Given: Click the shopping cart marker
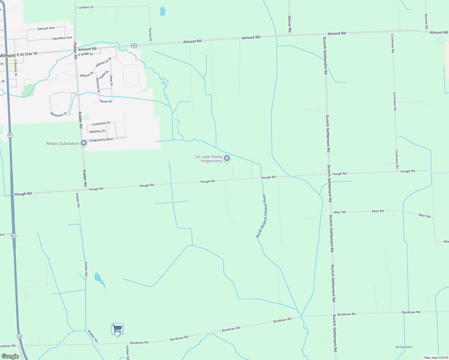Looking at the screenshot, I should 117,329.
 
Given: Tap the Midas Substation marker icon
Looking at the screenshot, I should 84,143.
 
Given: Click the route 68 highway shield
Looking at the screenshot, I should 134,46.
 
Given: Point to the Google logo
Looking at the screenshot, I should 10,356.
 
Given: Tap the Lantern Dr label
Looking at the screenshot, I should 86,7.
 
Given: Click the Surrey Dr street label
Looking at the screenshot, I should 150,34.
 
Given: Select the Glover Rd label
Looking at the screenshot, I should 290,24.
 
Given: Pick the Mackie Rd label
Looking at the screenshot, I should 426,21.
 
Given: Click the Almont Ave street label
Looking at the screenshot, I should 46,28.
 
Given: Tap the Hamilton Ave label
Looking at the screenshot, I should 62,38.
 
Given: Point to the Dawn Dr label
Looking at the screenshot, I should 106,101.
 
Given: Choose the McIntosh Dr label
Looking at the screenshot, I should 59,114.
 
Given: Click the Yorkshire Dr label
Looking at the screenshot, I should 101,124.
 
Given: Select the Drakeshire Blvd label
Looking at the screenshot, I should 101,140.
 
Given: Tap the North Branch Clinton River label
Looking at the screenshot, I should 261,216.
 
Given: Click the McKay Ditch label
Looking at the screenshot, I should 404,347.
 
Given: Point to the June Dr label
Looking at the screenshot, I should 111,80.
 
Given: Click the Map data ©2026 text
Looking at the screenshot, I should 436,358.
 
